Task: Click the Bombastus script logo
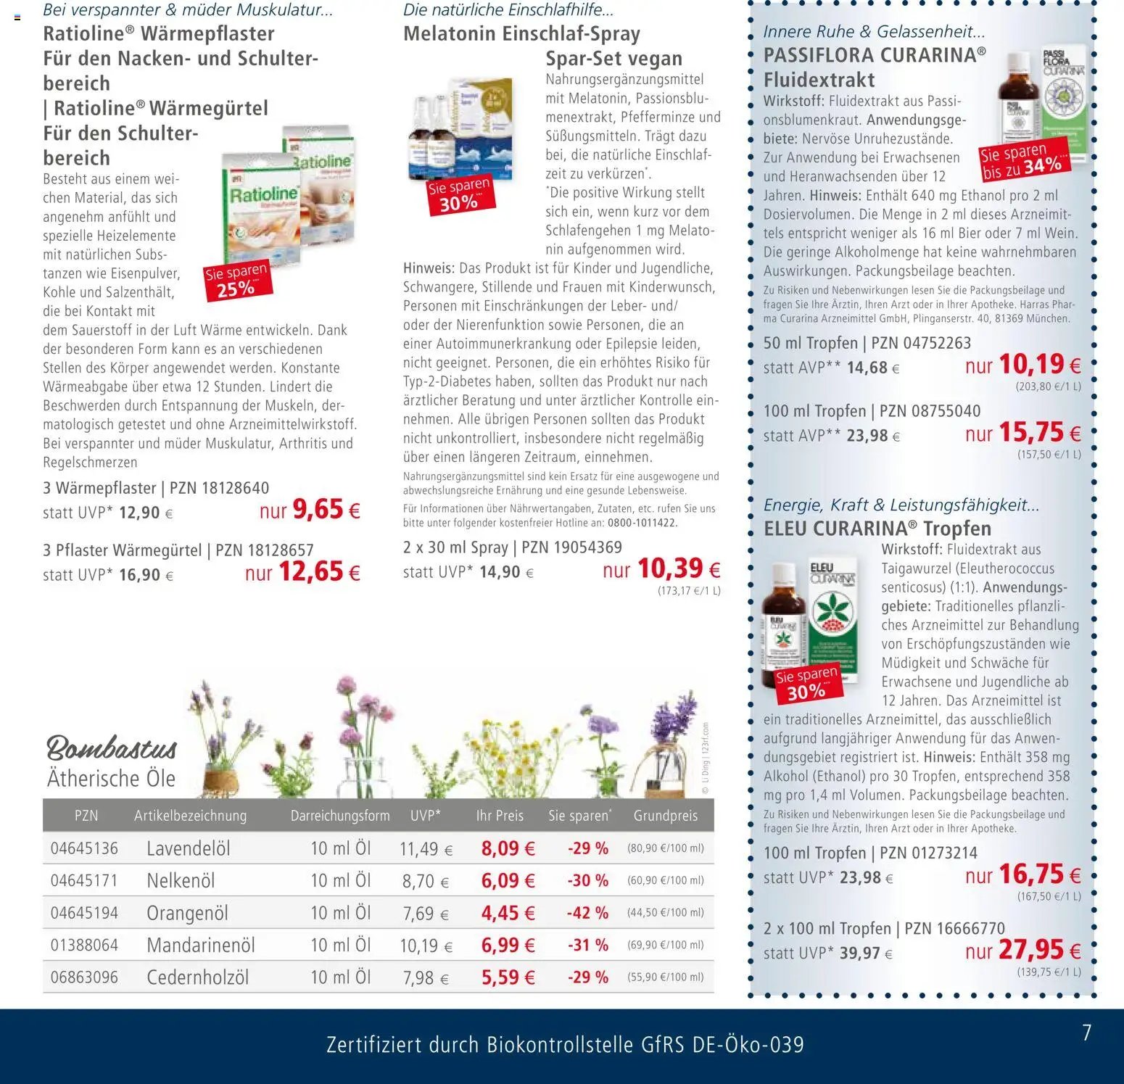coord(112,748)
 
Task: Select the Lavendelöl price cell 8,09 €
coord(508,848)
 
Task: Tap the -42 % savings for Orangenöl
coord(587,913)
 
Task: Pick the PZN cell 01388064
coord(84,946)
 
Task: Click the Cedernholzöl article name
coord(197,977)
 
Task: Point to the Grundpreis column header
coord(665,816)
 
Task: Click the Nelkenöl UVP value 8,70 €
coord(425,881)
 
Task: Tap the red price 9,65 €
coord(326,510)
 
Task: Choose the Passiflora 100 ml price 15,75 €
coord(1039,433)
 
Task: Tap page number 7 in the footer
coord(1086,1033)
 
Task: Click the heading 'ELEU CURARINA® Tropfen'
coord(877,529)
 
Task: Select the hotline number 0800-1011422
coord(642,523)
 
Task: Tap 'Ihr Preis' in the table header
coord(500,816)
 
